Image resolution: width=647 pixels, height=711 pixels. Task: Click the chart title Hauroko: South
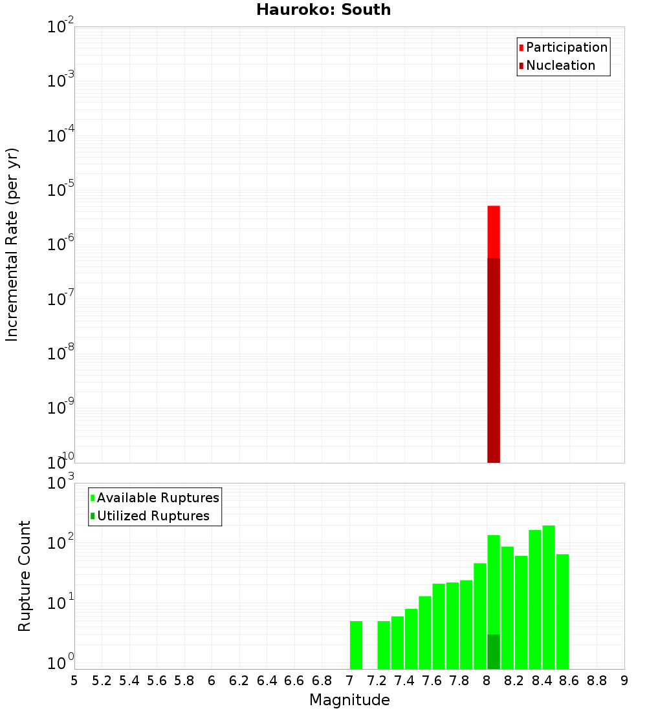click(x=323, y=10)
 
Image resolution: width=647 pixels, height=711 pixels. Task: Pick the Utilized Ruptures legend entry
click(x=153, y=516)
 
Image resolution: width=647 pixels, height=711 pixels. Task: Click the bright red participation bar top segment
click(x=494, y=231)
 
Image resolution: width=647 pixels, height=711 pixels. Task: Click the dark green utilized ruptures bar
click(x=494, y=652)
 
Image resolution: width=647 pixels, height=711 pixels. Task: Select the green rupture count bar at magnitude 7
click(x=356, y=644)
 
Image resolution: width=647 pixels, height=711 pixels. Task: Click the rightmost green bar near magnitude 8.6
click(x=562, y=611)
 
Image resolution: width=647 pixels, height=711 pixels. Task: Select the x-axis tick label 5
click(x=74, y=681)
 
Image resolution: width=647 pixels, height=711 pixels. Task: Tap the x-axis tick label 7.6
click(x=432, y=681)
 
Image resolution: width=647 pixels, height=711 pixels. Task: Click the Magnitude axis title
click(x=349, y=700)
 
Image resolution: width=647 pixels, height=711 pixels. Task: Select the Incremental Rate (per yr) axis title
click(x=12, y=244)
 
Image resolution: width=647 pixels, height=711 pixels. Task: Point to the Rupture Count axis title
click(x=25, y=575)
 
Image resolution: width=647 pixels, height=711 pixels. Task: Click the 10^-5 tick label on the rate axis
click(x=60, y=190)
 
